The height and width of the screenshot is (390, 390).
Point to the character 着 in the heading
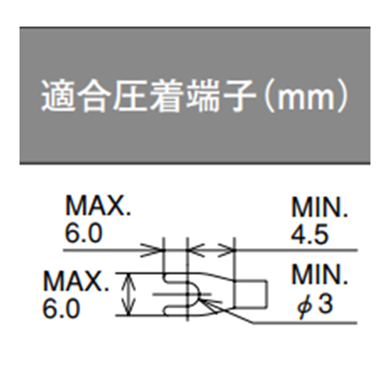point(165,95)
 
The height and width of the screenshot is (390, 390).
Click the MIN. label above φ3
point(319,275)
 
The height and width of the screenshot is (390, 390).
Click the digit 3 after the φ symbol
point(325,303)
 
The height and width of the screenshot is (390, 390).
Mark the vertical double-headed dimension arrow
point(129,295)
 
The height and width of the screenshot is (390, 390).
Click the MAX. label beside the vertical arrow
point(76,281)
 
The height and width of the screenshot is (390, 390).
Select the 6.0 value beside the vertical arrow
point(61,308)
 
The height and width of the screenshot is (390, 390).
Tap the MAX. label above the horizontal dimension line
point(98,206)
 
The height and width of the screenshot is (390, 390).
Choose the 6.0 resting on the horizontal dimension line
point(83,233)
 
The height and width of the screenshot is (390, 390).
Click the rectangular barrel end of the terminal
point(250,294)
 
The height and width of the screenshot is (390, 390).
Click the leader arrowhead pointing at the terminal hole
point(207,304)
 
